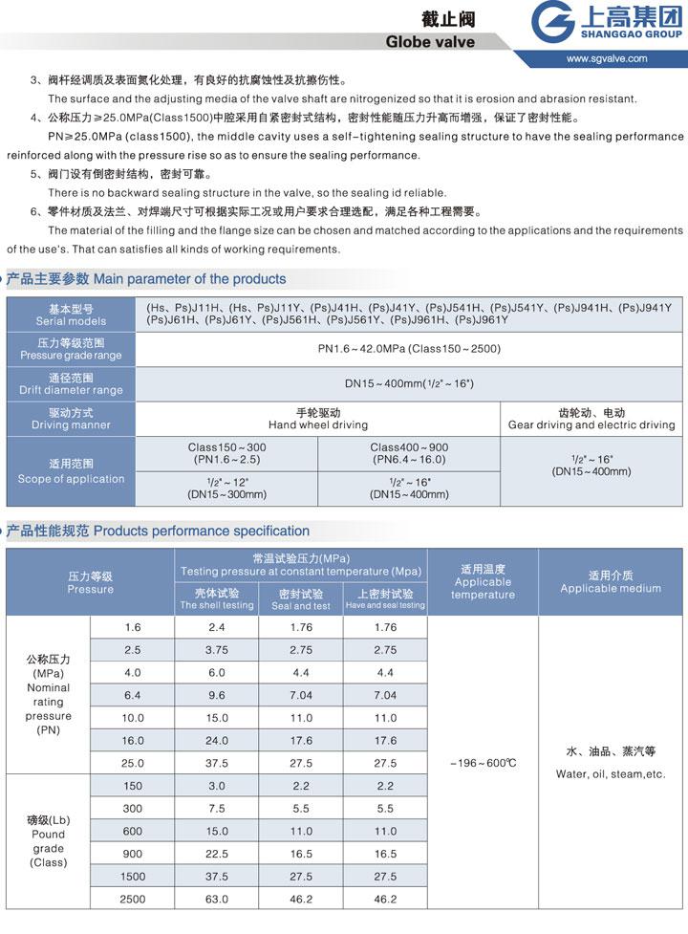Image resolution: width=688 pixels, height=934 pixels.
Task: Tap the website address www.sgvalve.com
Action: (606, 58)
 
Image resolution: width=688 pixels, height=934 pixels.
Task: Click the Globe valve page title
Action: (429, 42)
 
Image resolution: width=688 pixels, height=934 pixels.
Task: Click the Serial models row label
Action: (71, 315)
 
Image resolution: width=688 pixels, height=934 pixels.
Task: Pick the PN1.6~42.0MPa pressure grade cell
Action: (409, 348)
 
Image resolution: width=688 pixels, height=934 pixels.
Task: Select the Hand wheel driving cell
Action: (318, 419)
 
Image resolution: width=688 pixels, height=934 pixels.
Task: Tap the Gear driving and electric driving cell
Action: (591, 419)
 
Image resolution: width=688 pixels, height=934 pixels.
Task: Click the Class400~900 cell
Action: (409, 453)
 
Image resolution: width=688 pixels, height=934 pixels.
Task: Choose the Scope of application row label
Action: (71, 472)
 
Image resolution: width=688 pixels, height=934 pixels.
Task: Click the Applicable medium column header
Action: (611, 582)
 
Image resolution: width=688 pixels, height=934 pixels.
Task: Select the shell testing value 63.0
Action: (217, 899)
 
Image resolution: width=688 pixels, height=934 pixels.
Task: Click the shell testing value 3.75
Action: (217, 650)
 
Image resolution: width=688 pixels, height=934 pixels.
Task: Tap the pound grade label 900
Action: (133, 854)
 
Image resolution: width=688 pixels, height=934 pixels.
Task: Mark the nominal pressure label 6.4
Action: (133, 695)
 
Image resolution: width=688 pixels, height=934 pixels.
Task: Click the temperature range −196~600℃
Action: (483, 763)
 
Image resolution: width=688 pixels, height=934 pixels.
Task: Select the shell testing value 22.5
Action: (217, 854)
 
